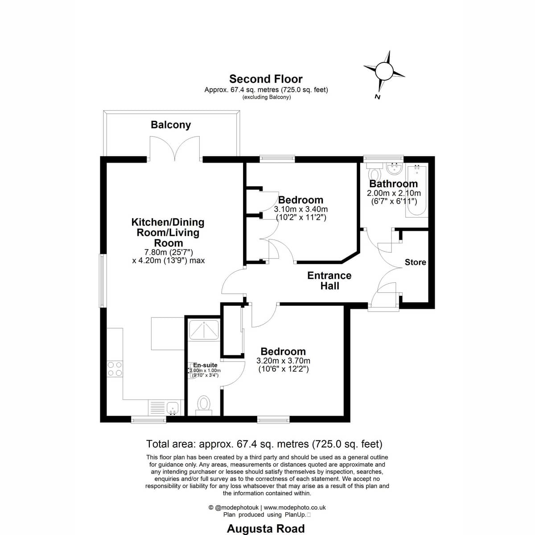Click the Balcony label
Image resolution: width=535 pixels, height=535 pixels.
click(171, 125)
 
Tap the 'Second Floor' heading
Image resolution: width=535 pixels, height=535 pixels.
click(266, 79)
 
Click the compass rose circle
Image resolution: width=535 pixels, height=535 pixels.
click(384, 71)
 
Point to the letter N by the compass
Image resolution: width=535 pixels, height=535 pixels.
click(377, 97)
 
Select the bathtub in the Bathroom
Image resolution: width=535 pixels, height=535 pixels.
click(417, 190)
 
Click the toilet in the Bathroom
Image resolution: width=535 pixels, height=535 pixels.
click(374, 172)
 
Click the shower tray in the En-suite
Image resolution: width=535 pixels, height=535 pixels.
click(204, 330)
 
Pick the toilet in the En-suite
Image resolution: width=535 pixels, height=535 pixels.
click(204, 406)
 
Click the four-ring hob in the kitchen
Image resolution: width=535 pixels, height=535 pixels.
click(115, 369)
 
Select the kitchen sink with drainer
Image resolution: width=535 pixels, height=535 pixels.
click(166, 407)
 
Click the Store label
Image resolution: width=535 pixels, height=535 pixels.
click(416, 262)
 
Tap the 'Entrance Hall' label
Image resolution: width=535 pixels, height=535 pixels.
click(329, 281)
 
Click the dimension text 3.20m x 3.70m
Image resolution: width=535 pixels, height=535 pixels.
click(283, 361)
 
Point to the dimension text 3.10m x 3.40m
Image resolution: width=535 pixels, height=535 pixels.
click(300, 209)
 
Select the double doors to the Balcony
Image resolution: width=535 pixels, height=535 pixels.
click(175, 148)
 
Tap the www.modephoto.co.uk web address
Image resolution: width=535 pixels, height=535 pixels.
click(295, 507)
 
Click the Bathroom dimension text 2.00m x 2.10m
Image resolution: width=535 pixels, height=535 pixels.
click(394, 193)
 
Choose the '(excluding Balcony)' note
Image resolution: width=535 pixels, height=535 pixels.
click(267, 97)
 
